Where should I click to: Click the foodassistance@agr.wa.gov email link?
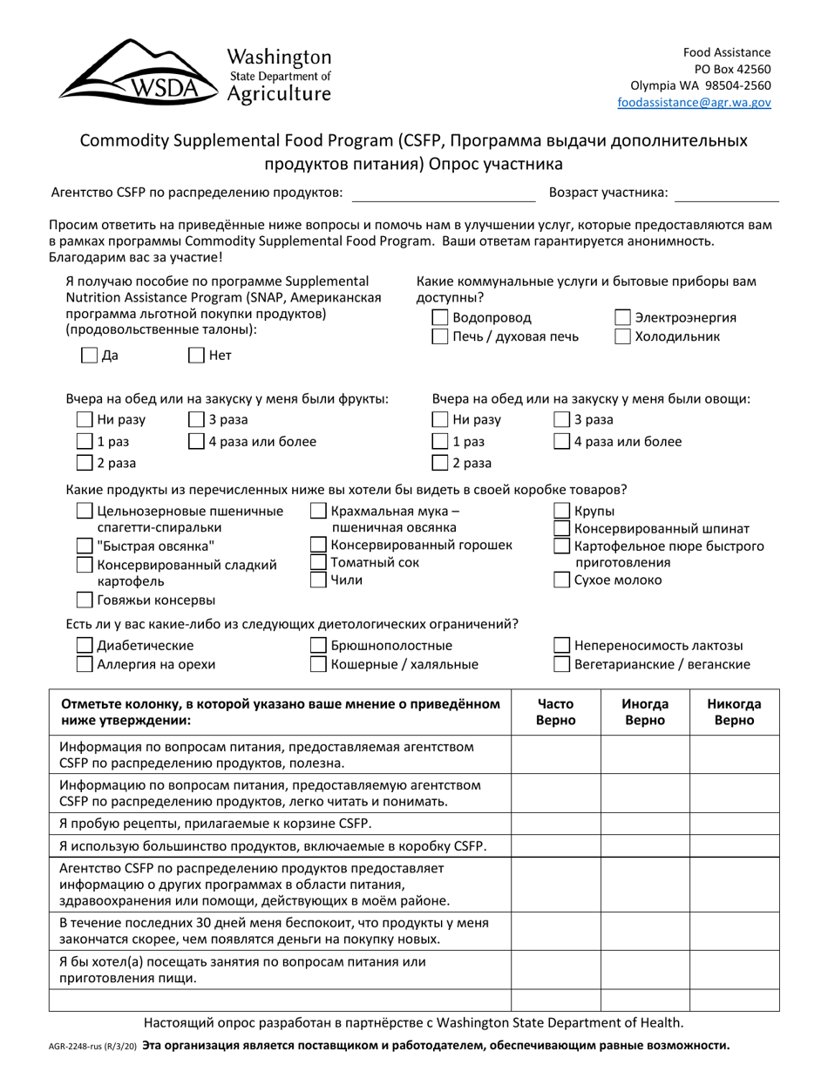(694, 102)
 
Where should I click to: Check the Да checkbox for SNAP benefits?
(89, 355)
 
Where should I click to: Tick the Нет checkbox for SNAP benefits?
(197, 355)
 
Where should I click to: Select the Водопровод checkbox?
(441, 318)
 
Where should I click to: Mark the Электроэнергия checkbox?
(623, 318)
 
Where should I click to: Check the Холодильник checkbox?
(623, 337)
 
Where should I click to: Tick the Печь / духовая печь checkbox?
(441, 337)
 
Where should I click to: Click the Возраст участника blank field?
(726, 193)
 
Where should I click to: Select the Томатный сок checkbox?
(319, 563)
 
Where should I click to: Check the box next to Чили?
(319, 580)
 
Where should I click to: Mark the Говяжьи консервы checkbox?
(85, 600)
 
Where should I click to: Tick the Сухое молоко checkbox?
(563, 580)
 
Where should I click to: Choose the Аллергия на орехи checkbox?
(85, 665)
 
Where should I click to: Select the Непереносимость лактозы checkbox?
(563, 646)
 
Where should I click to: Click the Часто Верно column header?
(555, 712)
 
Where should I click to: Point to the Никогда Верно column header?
(734, 712)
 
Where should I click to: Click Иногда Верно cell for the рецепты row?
(645, 824)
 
